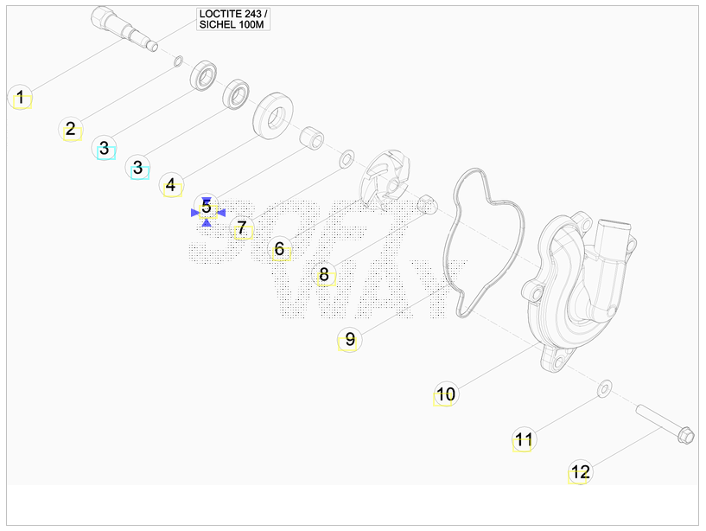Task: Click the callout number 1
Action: [20, 97]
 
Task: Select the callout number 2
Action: [71, 129]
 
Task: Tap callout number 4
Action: [170, 185]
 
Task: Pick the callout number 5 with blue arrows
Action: [207, 207]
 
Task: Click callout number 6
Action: [280, 249]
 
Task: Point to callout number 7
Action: [242, 228]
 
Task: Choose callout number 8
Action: [324, 274]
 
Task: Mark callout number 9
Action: [350, 339]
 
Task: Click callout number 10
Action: [446, 394]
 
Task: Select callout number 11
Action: [524, 439]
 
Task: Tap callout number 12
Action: [580, 472]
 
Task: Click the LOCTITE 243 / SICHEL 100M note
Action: [233, 19]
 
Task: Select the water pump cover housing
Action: [581, 293]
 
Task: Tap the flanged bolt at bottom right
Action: [665, 424]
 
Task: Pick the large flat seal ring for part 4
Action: [273, 115]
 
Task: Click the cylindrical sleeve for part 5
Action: [312, 138]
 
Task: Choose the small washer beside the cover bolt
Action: [604, 388]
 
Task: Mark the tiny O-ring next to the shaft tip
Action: [178, 61]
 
